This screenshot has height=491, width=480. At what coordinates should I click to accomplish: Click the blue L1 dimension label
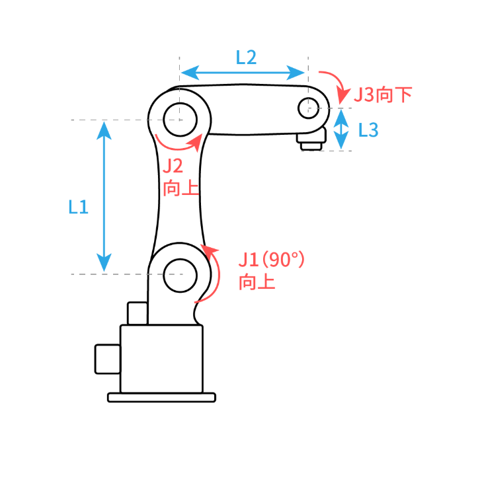(78, 207)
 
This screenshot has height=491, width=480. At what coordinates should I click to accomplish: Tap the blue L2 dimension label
(246, 57)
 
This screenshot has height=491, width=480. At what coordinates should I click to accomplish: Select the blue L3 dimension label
(368, 130)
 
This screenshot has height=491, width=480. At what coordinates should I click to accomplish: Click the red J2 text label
(173, 166)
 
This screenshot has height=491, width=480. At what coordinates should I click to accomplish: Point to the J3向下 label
(383, 94)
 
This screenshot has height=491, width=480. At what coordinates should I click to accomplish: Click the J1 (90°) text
(271, 259)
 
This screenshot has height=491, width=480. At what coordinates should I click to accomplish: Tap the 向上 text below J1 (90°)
(257, 282)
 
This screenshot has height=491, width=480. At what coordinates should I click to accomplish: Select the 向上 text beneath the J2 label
(181, 188)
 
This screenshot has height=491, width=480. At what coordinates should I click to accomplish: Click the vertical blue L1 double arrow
(104, 197)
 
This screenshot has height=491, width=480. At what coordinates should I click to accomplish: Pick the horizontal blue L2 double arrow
(243, 73)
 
